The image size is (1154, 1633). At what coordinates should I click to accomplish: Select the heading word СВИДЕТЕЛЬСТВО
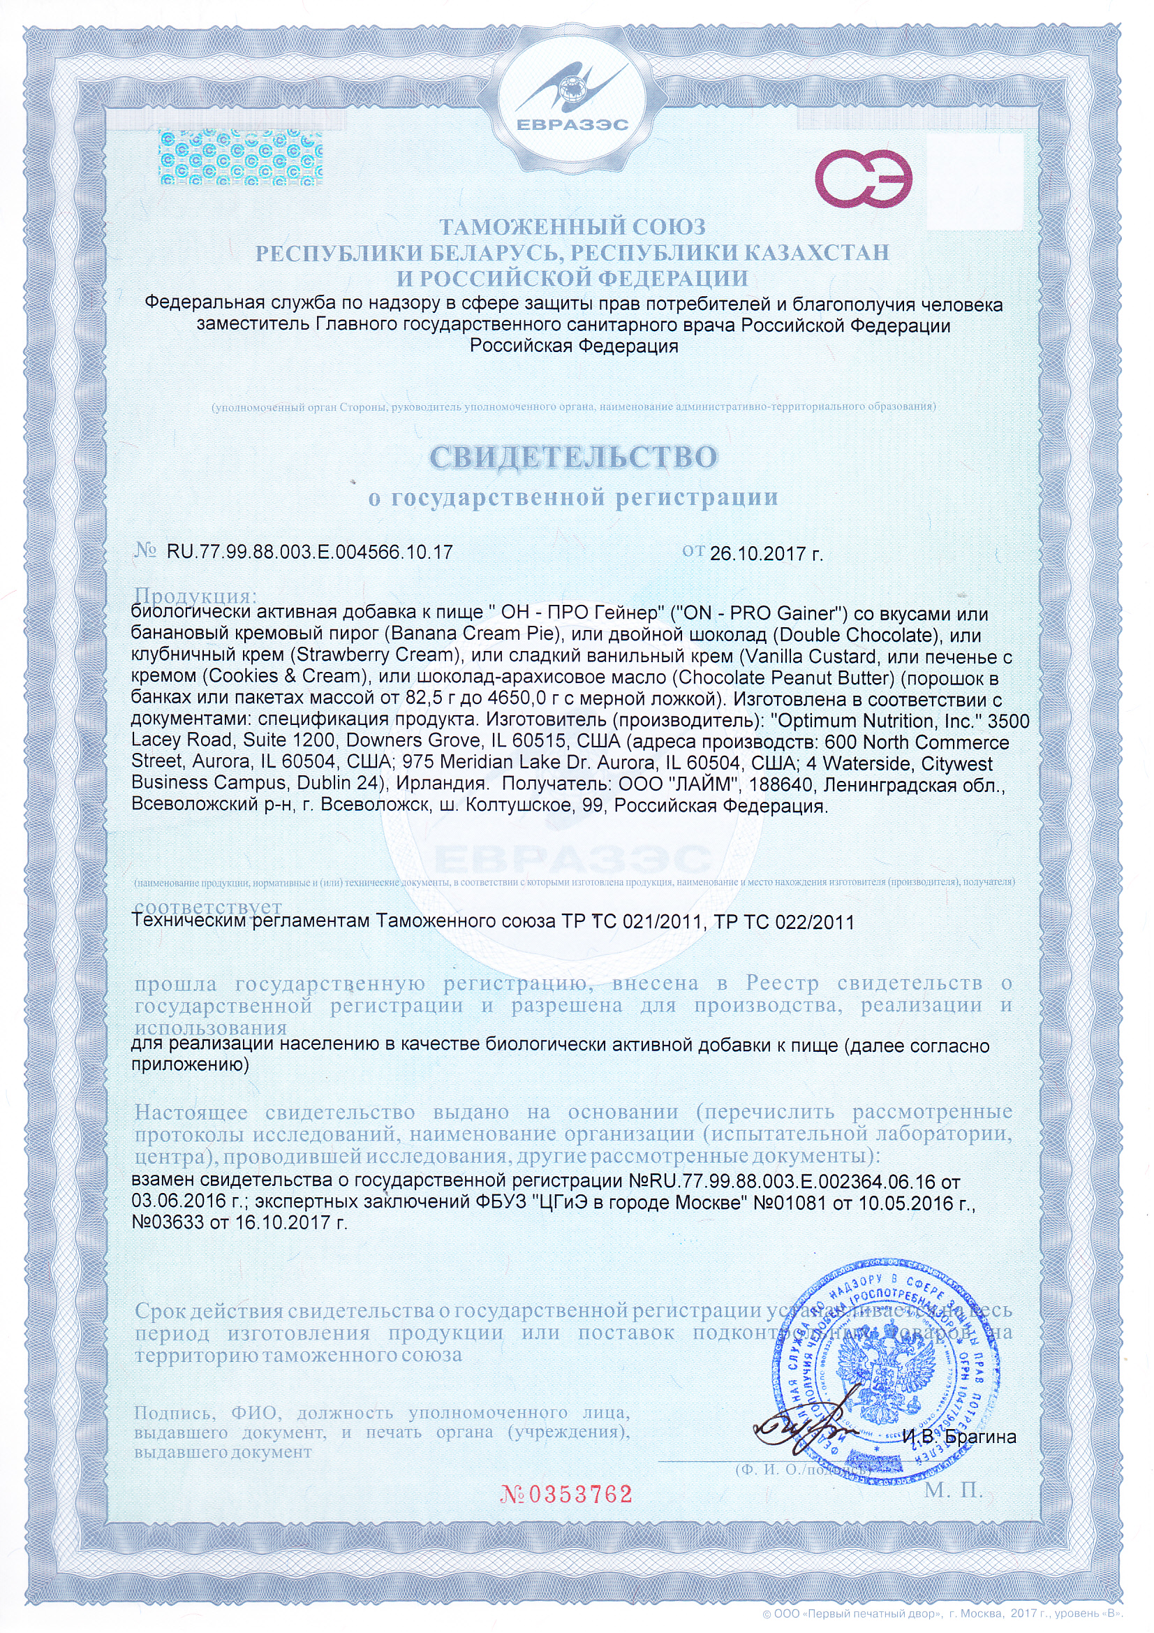(573, 457)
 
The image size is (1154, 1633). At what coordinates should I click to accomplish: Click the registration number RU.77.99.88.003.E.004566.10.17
(309, 552)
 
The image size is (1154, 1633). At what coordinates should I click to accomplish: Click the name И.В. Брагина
(959, 1437)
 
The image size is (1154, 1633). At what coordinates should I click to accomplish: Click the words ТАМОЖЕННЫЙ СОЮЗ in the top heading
(572, 227)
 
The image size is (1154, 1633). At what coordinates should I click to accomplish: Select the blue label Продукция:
(195, 594)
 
